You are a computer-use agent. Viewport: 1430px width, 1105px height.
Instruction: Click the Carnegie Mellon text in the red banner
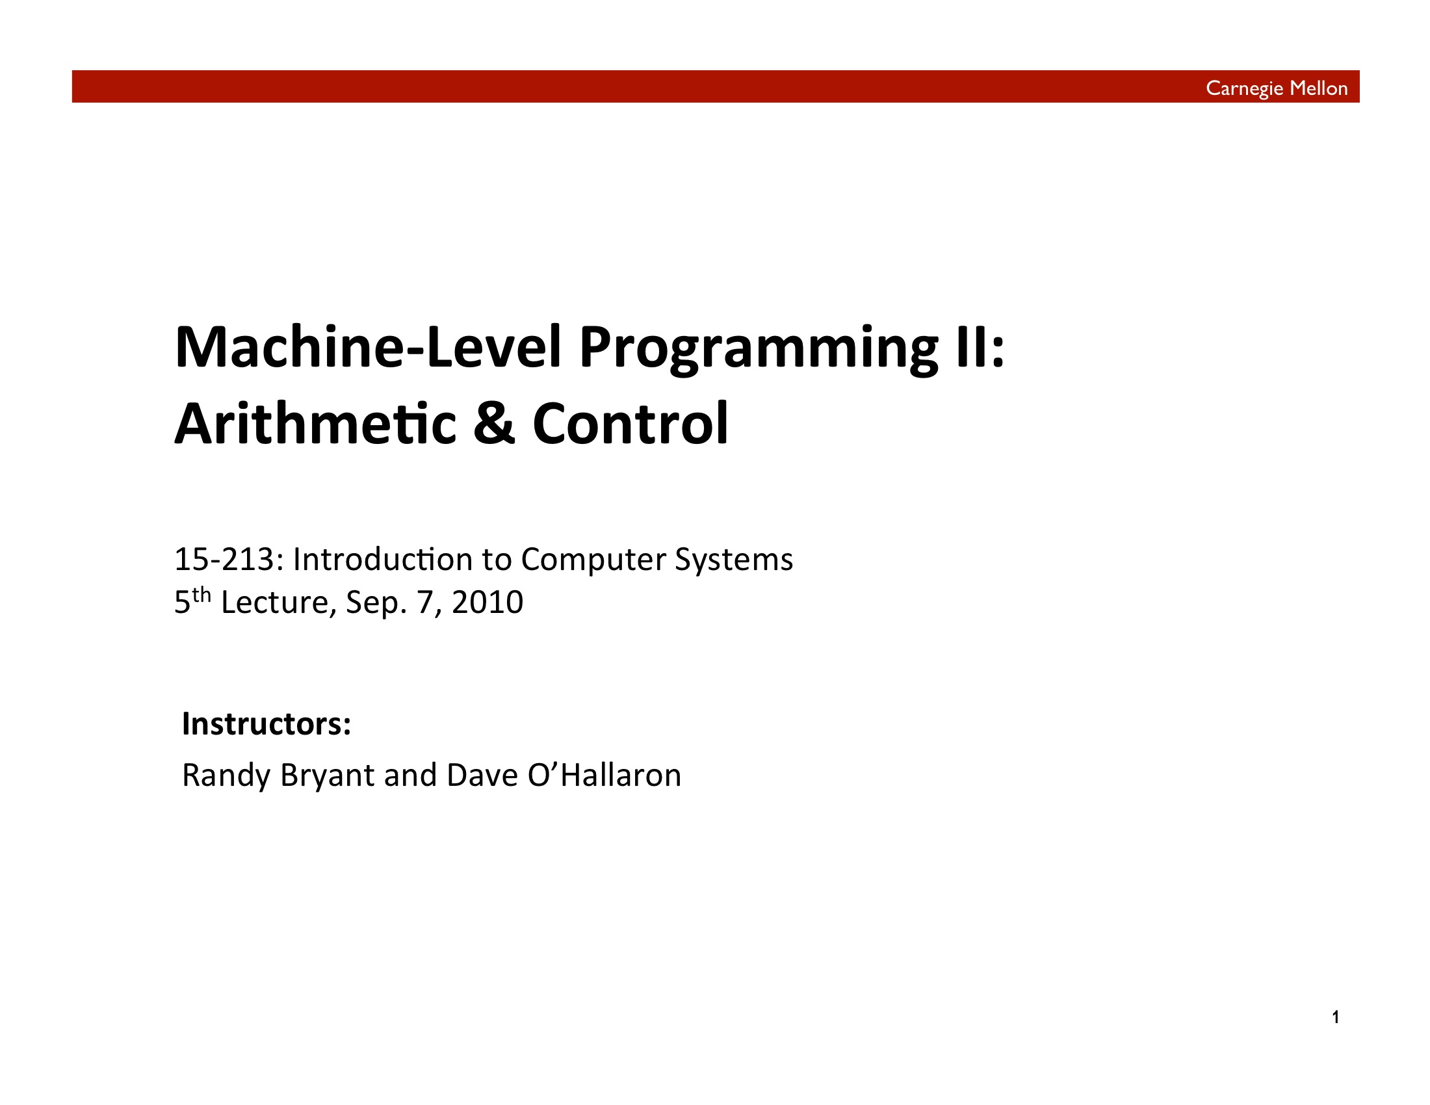click(1276, 88)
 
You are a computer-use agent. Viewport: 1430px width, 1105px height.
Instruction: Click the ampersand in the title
click(494, 424)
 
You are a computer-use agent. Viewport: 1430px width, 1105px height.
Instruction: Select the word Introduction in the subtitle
click(382, 559)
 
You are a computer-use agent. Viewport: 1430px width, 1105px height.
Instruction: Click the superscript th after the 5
click(201, 595)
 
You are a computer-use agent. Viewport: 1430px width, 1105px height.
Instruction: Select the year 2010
click(487, 603)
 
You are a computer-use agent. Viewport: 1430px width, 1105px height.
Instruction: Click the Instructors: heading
click(266, 723)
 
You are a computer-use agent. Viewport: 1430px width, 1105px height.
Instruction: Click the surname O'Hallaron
click(604, 775)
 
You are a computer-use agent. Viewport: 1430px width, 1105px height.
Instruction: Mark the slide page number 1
click(1336, 1017)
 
